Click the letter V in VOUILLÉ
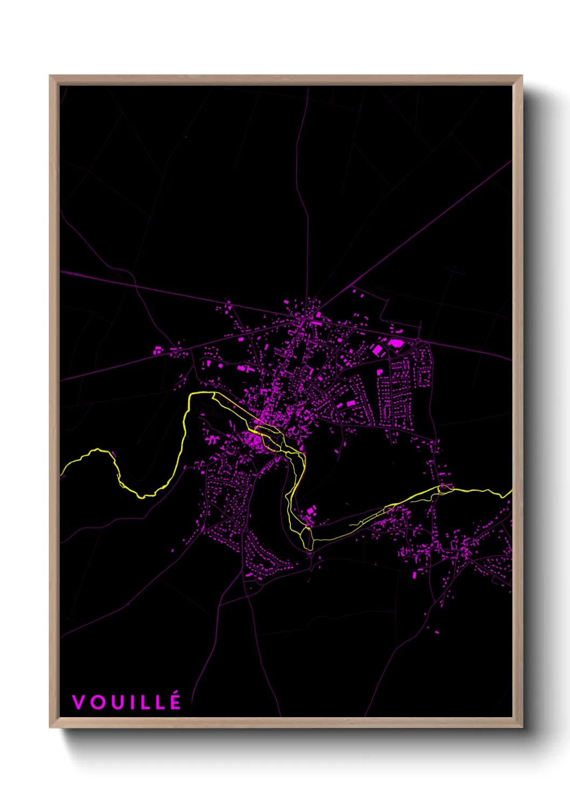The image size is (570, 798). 79,702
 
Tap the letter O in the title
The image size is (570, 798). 98,702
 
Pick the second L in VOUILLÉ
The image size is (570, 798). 160,702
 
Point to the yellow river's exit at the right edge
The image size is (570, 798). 511,491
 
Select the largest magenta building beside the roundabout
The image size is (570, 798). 396,342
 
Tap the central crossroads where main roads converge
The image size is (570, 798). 305,320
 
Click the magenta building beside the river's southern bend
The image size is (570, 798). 311,511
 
